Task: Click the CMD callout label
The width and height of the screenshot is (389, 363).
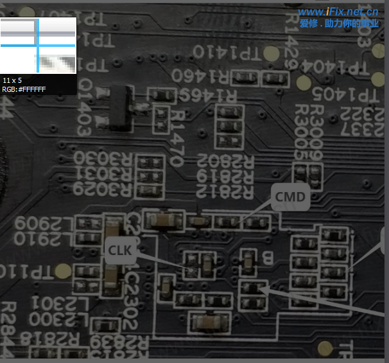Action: click(290, 197)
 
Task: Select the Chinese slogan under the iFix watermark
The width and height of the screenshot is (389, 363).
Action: click(339, 24)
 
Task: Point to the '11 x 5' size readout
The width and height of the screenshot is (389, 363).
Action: click(12, 80)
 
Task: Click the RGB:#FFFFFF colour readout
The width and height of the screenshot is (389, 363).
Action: click(24, 89)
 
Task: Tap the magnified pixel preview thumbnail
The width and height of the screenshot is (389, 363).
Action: click(39, 45)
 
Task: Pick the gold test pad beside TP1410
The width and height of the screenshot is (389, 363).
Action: click(271, 53)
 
